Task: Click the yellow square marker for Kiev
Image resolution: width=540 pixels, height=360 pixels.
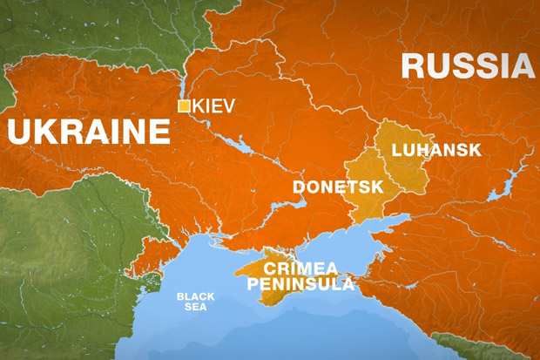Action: (184, 106)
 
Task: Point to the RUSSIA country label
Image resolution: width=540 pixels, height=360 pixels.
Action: (467, 67)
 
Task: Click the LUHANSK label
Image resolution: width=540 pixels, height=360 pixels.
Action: (435, 150)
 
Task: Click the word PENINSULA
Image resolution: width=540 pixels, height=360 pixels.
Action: (300, 284)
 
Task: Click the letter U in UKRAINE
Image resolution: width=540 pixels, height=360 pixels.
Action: (19, 132)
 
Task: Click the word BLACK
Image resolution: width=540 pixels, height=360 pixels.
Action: (195, 296)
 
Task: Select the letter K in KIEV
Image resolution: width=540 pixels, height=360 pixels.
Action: (198, 106)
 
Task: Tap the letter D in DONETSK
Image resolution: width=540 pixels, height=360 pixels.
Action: (298, 187)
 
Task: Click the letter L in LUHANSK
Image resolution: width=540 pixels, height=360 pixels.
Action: (397, 150)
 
